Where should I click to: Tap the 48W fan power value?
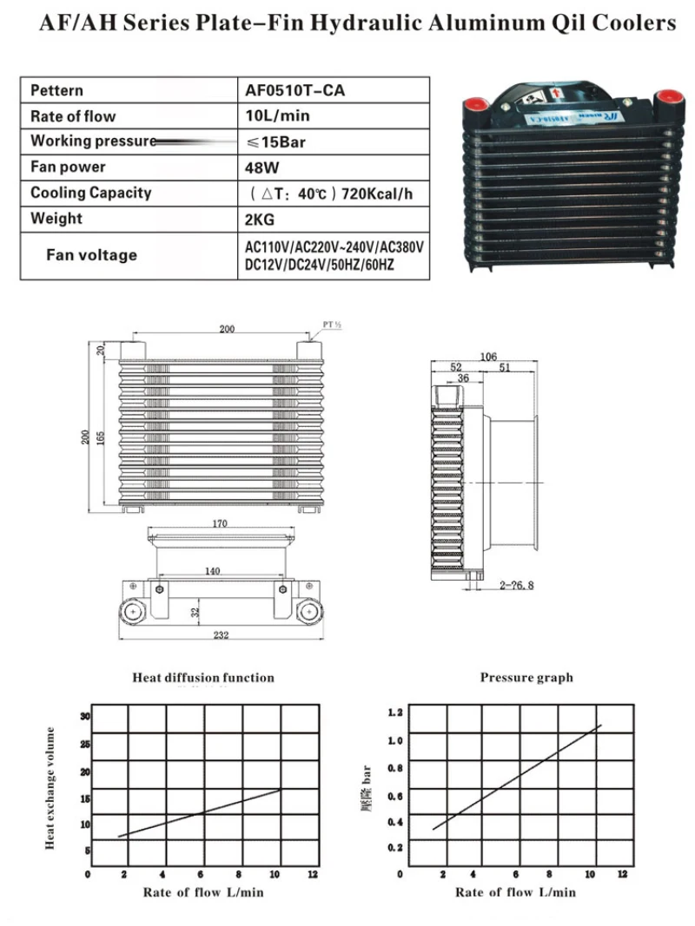click(x=261, y=167)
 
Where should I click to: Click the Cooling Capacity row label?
click(x=90, y=193)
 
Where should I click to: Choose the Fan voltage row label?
click(x=91, y=255)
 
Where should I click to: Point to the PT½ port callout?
click(x=333, y=325)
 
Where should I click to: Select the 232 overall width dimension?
click(x=221, y=636)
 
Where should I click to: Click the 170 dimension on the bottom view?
click(x=221, y=523)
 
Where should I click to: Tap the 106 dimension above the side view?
click(x=488, y=357)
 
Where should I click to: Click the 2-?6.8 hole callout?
click(x=517, y=586)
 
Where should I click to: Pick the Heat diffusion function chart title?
click(x=203, y=678)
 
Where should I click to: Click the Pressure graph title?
click(x=526, y=678)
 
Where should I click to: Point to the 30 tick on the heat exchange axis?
click(x=85, y=717)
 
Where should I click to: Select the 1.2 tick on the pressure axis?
click(x=395, y=713)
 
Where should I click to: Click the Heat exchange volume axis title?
click(x=51, y=788)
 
